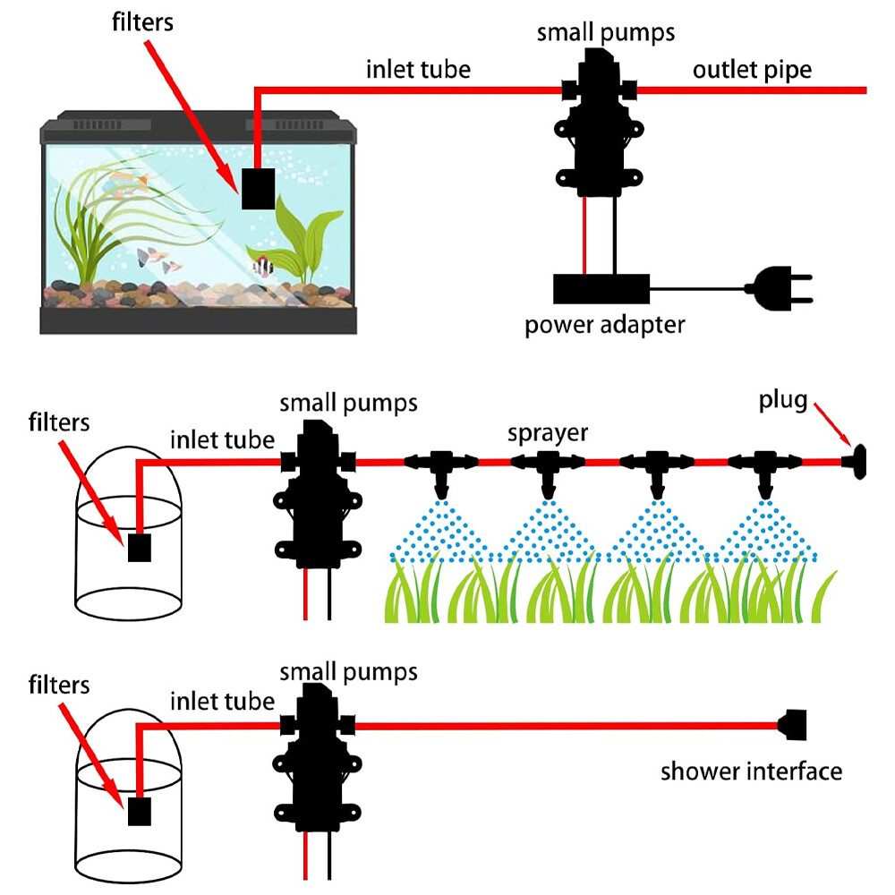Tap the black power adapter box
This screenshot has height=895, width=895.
click(x=601, y=289)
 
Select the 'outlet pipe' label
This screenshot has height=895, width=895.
click(x=752, y=70)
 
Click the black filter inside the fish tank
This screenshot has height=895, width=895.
click(x=258, y=188)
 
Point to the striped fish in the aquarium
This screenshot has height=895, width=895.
click(x=262, y=266)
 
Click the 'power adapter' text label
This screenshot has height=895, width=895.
click(x=604, y=324)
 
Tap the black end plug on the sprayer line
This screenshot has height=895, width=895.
click(x=857, y=463)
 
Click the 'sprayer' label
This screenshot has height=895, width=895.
click(x=548, y=433)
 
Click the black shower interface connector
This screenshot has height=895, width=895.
click(x=794, y=725)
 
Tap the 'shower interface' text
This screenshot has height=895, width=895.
click(x=751, y=771)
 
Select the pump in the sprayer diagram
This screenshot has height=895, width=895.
click(x=319, y=501)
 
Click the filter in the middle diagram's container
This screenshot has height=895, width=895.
click(x=138, y=546)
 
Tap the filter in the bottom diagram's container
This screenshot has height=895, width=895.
click(x=139, y=811)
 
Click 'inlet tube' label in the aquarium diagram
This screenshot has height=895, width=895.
click(x=418, y=70)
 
